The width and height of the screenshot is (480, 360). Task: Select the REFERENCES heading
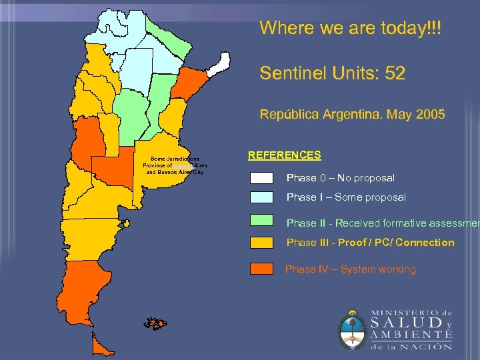tap(284, 155)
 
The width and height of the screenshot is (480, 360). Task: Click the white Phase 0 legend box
tap(261, 178)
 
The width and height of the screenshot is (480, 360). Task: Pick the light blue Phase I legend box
tap(261, 197)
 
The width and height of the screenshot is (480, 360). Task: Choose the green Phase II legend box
tap(261, 220)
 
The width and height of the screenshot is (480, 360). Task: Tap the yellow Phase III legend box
tap(261, 242)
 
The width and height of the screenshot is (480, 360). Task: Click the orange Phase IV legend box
tap(261, 269)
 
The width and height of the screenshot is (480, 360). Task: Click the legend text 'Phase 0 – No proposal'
tap(340, 178)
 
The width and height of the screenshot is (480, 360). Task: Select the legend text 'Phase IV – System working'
tap(350, 269)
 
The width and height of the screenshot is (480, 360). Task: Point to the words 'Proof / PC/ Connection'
tap(396, 243)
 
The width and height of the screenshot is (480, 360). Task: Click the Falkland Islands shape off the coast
tap(155, 324)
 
